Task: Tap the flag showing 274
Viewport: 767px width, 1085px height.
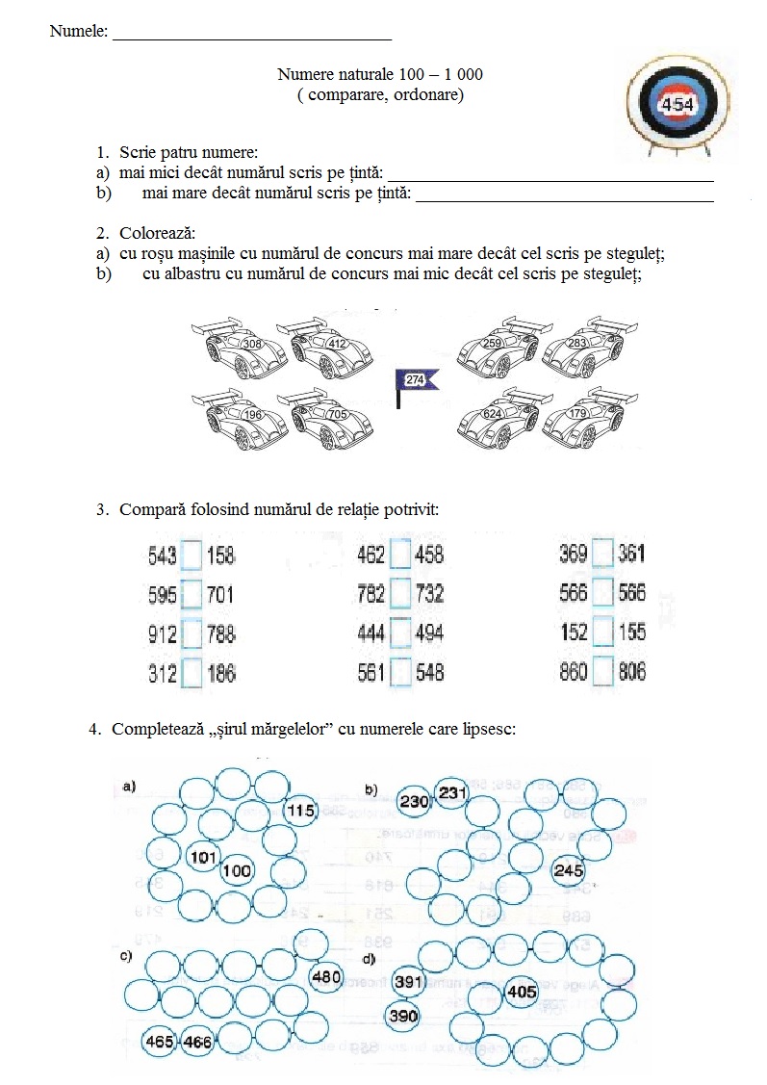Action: point(416,380)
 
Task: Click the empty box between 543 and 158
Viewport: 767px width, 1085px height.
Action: point(192,555)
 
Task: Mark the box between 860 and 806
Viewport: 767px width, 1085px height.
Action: point(603,673)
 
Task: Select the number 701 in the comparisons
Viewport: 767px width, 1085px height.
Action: point(220,595)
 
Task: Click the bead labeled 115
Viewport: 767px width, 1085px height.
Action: point(301,812)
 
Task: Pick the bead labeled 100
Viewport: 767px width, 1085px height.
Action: point(236,871)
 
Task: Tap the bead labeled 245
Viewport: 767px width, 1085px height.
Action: point(569,870)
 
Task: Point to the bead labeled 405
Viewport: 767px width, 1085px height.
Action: point(521,992)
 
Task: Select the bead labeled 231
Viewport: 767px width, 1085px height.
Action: point(451,793)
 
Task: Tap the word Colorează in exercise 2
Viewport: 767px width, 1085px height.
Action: point(157,234)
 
